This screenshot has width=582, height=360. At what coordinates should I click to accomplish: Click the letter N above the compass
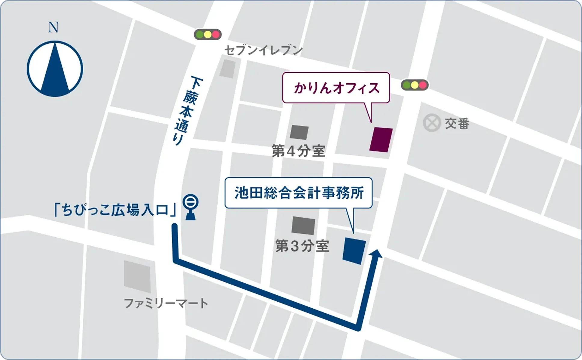pos(53,28)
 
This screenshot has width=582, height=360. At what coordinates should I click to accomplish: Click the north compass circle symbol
pos(55,69)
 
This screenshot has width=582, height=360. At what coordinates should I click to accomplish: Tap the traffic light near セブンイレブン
pos(207,35)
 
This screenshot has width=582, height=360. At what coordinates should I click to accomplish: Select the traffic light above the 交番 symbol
pos(415,85)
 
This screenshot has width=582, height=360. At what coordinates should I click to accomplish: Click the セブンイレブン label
pos(263,50)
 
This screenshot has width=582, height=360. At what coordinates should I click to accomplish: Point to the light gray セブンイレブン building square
pos(227,69)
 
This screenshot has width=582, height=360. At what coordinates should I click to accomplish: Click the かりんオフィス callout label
pos(336,88)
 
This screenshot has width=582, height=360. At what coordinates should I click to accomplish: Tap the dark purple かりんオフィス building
pos(381,140)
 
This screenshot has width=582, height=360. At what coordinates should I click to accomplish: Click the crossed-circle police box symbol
pos(432,123)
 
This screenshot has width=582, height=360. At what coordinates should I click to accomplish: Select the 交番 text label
pos(457,123)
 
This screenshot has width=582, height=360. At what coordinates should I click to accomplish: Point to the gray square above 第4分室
pos(299,132)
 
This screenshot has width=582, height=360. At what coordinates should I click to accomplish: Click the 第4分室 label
pos(299,151)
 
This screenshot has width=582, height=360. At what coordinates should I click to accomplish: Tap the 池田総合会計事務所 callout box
pos(299,193)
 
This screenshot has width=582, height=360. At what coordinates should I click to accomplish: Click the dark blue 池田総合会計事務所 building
pos(354,251)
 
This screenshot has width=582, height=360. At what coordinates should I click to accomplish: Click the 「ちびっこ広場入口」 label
pos(115,210)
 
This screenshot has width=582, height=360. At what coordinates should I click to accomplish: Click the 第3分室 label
pos(302,246)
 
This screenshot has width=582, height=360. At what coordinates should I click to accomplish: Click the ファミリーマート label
pos(166,303)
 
